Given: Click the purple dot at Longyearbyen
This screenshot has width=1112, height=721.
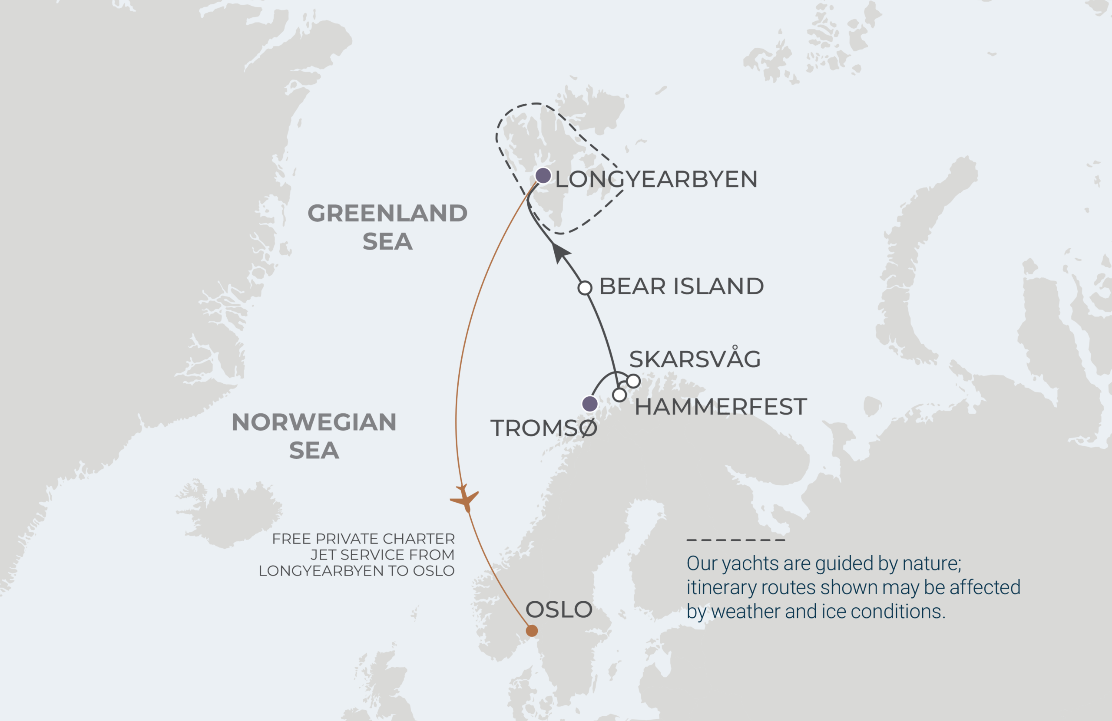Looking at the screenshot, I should click(543, 176).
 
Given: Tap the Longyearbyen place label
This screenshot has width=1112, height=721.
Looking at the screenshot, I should click(656, 179).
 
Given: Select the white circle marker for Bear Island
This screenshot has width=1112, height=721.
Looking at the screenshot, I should click(585, 288).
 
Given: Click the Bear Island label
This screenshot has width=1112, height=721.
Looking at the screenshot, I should click(681, 286).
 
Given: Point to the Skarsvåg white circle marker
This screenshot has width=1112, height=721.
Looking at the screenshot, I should click(633, 381).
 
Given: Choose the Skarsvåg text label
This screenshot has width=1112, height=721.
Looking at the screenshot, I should click(695, 359).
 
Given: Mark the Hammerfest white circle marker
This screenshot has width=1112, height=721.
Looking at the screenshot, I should click(619, 395).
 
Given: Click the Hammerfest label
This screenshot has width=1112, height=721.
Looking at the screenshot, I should click(721, 407).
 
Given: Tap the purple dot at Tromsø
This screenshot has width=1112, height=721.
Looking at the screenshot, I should click(589, 403).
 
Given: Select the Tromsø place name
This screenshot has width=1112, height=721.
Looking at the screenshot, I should click(543, 428).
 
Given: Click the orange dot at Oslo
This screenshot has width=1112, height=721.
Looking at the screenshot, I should click(532, 631).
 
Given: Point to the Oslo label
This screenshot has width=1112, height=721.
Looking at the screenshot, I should click(559, 609).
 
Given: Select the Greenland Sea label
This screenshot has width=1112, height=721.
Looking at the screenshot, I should click(387, 227).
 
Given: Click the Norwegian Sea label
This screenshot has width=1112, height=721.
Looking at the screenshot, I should click(314, 436).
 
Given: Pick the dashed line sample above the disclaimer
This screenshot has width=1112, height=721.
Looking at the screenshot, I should click(735, 540).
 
